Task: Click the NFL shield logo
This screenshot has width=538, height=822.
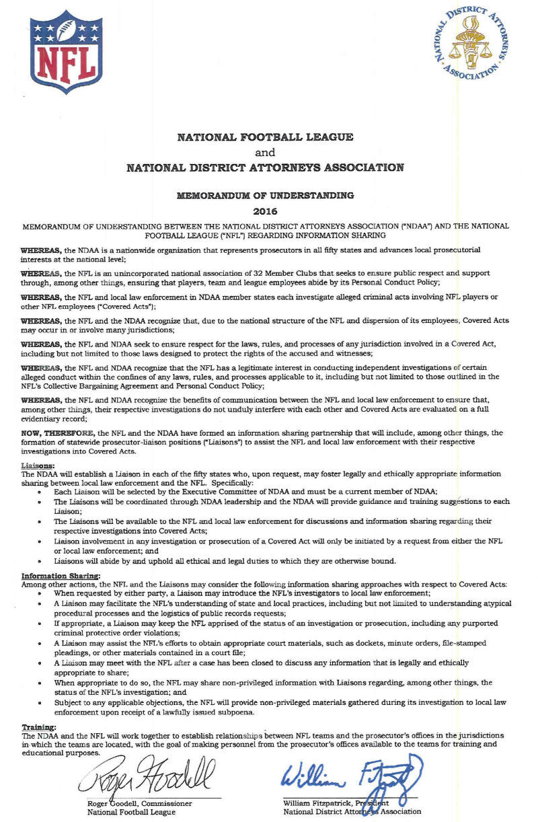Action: (x=65, y=52)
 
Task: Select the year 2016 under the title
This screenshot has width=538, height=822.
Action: (x=265, y=211)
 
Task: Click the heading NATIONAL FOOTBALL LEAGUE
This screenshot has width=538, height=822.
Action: (x=265, y=137)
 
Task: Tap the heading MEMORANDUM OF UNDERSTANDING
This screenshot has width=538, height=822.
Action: (x=265, y=196)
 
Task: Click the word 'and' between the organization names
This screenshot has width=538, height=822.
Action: (x=265, y=153)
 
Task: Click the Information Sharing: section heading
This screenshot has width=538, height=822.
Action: (x=61, y=576)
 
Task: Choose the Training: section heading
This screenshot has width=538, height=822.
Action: (x=39, y=727)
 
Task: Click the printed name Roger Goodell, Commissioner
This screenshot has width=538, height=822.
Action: (x=140, y=803)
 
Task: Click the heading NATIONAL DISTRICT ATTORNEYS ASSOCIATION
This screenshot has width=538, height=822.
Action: (x=265, y=168)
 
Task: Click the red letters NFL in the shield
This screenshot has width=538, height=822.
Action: (x=65, y=62)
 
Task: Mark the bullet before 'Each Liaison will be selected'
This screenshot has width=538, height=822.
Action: (x=42, y=492)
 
